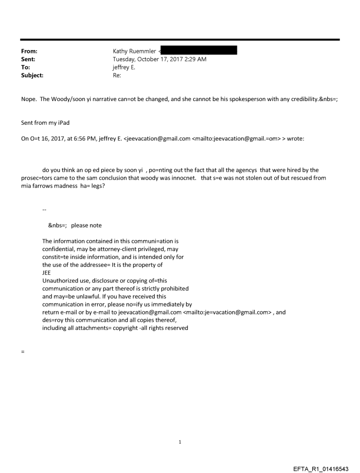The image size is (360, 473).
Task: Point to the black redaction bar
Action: [199, 50]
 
